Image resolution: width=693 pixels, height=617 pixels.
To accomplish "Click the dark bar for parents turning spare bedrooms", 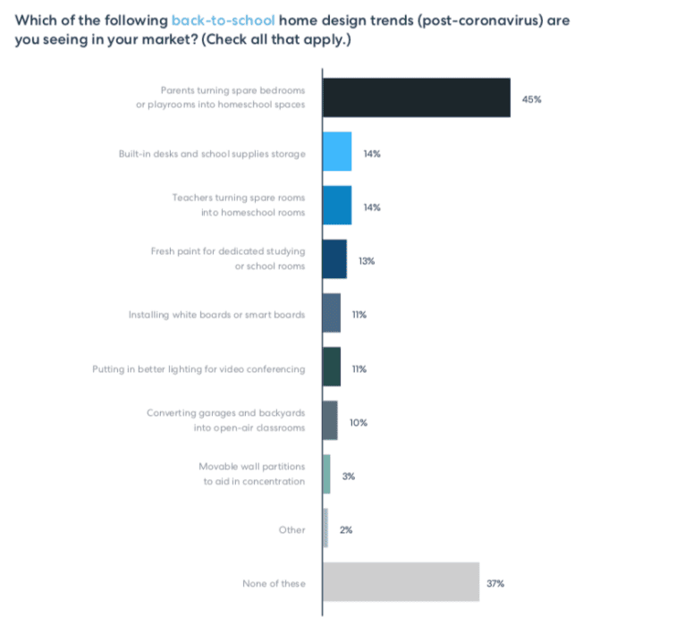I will point(416,97).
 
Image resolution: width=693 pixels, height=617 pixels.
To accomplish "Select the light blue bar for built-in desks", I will point(337,152).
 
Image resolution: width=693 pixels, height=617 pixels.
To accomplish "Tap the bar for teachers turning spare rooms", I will point(337,206).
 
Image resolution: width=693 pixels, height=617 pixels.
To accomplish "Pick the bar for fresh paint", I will point(334,259).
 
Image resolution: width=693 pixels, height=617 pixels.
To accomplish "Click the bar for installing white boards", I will point(332,313).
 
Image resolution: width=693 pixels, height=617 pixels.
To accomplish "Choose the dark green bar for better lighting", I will point(332,367).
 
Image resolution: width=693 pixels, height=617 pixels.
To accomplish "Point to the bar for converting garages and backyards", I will point(330,420).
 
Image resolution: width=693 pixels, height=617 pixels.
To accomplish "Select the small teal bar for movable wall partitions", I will point(326,474).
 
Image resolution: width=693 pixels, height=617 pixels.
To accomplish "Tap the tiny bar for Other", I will point(325,528).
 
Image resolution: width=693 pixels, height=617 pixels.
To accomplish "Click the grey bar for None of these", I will point(401,582).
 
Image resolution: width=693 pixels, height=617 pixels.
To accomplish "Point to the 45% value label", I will point(531,99).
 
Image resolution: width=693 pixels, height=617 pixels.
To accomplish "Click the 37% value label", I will point(496,584).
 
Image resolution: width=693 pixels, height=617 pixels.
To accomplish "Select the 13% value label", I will point(367,261).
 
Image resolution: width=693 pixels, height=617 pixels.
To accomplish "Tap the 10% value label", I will point(359,422).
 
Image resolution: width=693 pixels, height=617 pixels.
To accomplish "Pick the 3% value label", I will point(349,477).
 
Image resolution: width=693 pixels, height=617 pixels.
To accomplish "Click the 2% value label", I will point(346,530).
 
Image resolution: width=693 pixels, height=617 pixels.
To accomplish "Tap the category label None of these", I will point(274,584).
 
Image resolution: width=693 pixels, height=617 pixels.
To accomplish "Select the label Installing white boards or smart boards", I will point(217,315).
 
